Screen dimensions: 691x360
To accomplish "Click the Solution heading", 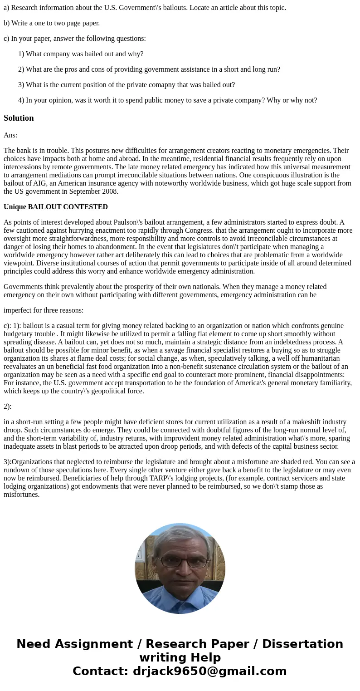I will [19, 118].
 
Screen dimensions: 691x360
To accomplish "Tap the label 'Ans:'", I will [10, 135].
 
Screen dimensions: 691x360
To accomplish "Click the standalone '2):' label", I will [8, 407].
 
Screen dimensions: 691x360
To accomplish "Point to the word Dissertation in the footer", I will [302, 644].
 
